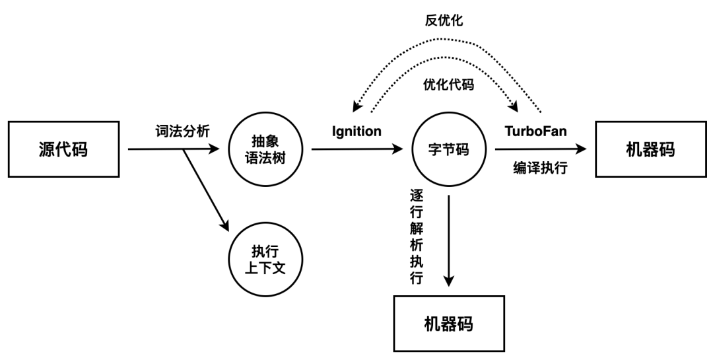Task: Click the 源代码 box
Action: click(x=63, y=149)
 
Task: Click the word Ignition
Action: click(x=356, y=131)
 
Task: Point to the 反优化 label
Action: click(x=444, y=21)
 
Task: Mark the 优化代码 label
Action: click(x=444, y=85)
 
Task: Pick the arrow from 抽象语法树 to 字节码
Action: click(x=356, y=149)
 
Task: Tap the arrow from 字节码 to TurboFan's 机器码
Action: click(x=538, y=150)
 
